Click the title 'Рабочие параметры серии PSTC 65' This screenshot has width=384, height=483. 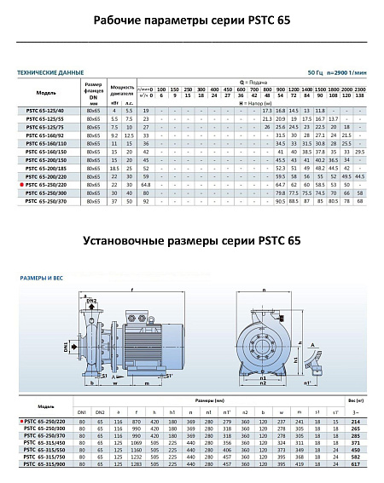coord(192,20)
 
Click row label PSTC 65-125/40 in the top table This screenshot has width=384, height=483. coord(48,111)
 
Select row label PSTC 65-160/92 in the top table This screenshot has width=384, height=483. coord(48,135)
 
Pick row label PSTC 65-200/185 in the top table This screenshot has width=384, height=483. coord(48,167)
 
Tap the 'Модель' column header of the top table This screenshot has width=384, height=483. coord(48,92)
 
